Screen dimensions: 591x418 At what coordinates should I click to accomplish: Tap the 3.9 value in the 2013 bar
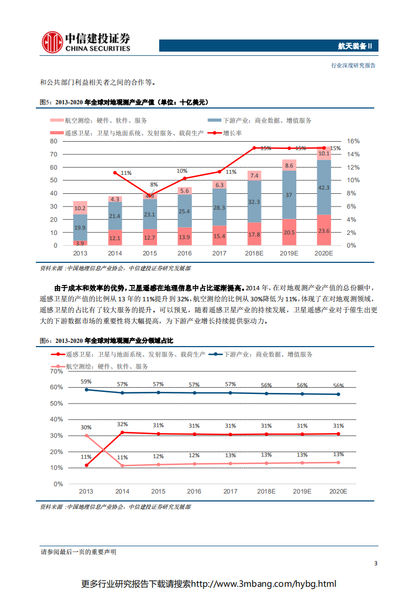click(x=80, y=243)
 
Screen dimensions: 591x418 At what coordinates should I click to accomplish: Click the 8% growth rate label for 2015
click(x=153, y=185)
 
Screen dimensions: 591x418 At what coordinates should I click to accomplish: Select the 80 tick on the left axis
click(x=53, y=141)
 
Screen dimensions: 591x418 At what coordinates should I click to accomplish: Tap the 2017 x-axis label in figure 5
click(x=219, y=253)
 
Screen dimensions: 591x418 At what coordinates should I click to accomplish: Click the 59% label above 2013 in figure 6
click(x=86, y=381)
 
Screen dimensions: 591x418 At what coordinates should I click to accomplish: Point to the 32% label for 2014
click(x=122, y=424)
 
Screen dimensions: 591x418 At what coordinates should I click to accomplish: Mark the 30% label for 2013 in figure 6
click(x=86, y=427)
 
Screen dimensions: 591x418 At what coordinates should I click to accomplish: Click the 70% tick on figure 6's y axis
click(x=56, y=371)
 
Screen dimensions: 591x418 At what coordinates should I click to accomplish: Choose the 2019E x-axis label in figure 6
click(x=302, y=491)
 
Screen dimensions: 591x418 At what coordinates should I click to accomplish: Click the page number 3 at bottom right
click(x=375, y=564)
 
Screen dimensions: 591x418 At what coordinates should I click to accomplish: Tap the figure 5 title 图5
click(x=47, y=102)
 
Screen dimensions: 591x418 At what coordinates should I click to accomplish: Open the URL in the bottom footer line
click(x=263, y=584)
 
